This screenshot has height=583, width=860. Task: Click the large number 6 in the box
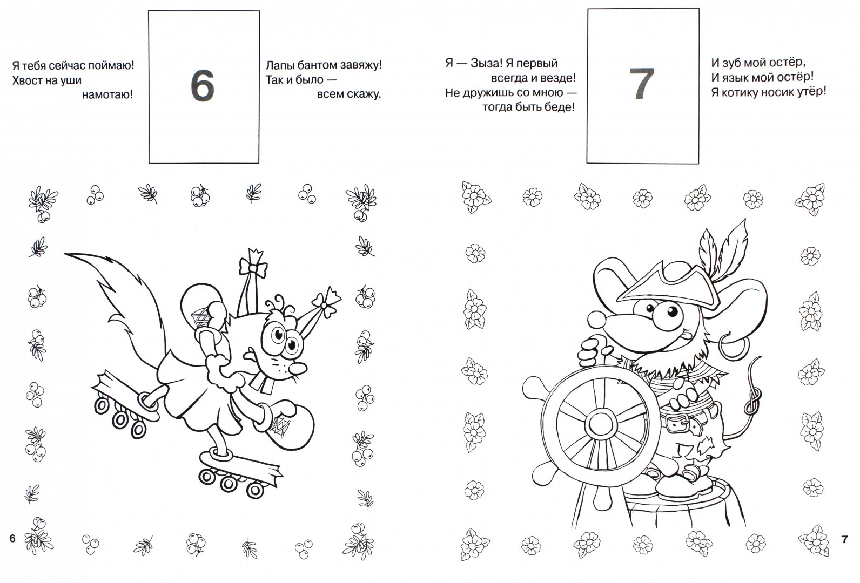pos(202,86)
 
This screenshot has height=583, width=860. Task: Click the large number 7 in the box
pos(642,84)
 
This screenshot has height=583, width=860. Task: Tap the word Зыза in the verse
pos(485,63)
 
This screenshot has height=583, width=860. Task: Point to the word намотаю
pos(107,94)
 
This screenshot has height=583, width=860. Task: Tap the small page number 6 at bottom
pos(12,539)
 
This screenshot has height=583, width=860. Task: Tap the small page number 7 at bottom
pos(844,539)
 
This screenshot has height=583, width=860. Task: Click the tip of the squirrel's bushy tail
pos(66,254)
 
